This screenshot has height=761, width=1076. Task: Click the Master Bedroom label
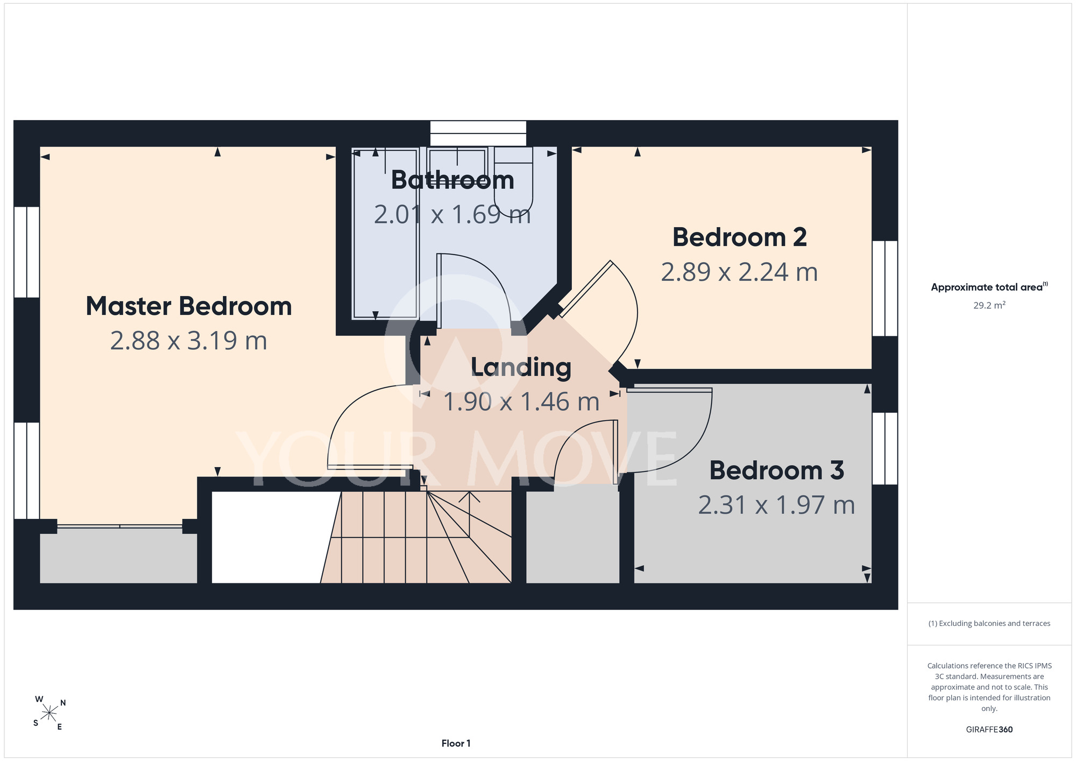pos(189,306)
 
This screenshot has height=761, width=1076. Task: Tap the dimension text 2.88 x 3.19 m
pos(189,341)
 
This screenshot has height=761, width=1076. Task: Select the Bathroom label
pos(452,180)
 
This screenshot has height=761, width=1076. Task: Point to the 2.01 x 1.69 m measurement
pos(452,215)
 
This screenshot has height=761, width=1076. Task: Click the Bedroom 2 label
pos(740,237)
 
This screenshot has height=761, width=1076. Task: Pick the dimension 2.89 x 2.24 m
pos(740,272)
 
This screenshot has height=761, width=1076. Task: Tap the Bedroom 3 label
pos(777,470)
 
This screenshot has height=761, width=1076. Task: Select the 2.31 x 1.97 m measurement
pos(777,505)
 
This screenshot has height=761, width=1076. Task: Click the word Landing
pos(521,368)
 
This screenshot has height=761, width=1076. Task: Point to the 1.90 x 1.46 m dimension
pos(521,402)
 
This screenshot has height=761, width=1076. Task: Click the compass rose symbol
pos(49,714)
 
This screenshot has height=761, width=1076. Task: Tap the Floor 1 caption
pos(456,743)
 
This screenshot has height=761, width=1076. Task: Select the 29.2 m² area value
pos(989,305)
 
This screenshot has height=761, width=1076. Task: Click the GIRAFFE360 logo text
pos(989,730)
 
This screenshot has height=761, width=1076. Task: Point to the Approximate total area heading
pos(989,287)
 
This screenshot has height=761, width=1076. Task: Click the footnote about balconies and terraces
pos(989,623)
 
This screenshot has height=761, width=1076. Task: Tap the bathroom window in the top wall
pos(478,133)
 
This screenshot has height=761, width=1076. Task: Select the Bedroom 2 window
pos(885,288)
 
